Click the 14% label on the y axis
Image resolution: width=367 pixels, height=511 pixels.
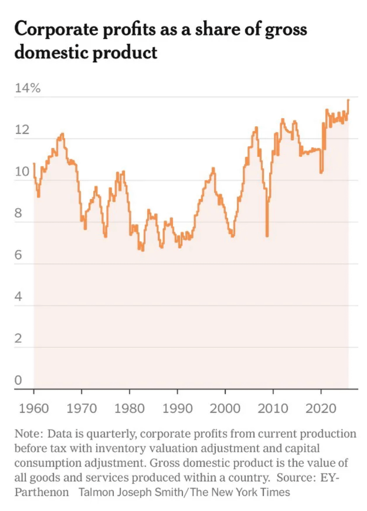[28, 88]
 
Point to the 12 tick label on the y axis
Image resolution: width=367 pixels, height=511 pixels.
[22, 130]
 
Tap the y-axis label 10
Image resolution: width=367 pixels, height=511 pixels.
[22, 172]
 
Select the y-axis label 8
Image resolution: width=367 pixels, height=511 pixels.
[18, 213]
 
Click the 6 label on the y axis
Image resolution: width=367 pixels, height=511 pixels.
[18, 255]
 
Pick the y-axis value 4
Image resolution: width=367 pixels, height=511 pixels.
[18, 297]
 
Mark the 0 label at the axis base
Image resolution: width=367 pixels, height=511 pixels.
[18, 380]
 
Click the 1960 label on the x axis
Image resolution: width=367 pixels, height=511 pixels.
[34, 409]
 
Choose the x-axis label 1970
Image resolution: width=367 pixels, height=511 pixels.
[81, 409]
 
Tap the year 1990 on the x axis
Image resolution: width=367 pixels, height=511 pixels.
[177, 409]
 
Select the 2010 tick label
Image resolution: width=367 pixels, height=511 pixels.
[273, 409]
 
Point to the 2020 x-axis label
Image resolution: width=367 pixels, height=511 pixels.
[321, 409]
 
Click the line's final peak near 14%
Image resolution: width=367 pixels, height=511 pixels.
[348, 100]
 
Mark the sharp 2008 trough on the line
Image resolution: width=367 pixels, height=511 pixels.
[267, 235]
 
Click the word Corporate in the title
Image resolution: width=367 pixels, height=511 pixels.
[56, 29]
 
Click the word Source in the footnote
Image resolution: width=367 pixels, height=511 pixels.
[294, 478]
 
